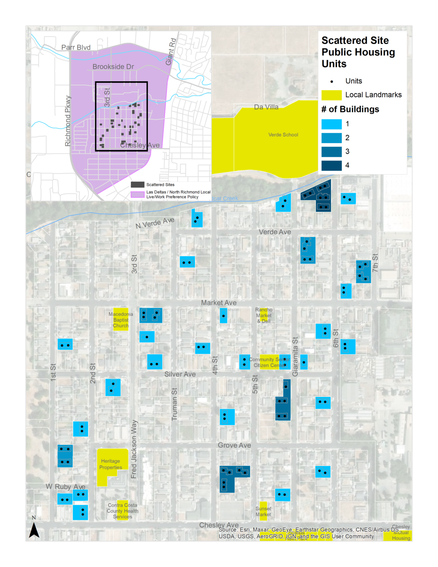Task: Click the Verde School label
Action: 283,135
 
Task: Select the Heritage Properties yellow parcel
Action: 110,464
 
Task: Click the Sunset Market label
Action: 263,511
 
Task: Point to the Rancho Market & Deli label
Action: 264,315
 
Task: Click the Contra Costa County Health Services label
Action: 123,511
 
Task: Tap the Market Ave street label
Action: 219,303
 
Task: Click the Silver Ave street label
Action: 180,374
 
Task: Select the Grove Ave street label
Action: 234,445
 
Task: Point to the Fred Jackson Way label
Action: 134,449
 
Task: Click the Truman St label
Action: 175,404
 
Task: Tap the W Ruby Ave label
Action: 65,487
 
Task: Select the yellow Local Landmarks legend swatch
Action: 331,95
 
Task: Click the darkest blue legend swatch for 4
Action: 331,165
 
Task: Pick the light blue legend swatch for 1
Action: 331,124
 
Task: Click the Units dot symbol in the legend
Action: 332,82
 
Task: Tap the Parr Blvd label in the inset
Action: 76,47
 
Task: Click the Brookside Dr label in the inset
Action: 113,66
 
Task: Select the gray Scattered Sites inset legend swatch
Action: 137,185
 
